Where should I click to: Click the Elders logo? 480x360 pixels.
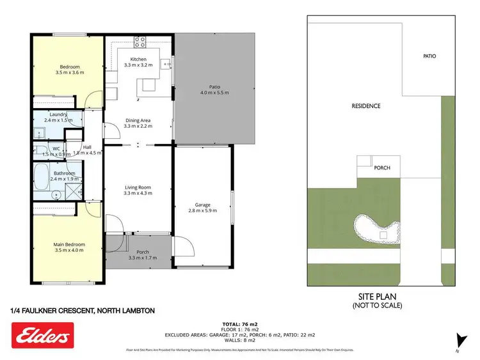43,335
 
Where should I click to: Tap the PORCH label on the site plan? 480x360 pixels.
382,168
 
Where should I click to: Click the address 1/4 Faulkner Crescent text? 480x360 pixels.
83,311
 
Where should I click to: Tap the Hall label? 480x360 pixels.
87,148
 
